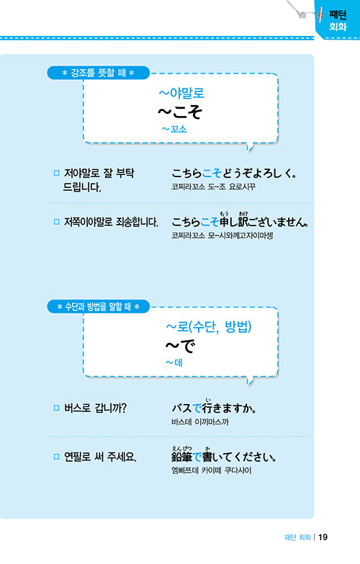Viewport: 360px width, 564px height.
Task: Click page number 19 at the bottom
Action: pyautogui.click(x=323, y=537)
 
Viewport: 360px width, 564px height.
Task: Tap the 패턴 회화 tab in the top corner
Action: pyautogui.click(x=338, y=20)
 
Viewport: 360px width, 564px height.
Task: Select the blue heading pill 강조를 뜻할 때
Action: pyautogui.click(x=98, y=73)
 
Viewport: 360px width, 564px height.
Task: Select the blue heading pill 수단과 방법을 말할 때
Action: pyautogui.click(x=98, y=307)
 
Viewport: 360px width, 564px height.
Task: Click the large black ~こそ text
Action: pyautogui.click(x=180, y=112)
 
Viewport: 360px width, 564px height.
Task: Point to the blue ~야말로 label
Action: pyautogui.click(x=181, y=93)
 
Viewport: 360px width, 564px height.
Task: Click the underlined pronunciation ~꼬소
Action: pyautogui.click(x=174, y=129)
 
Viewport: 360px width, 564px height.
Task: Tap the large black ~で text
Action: pyautogui.click(x=180, y=346)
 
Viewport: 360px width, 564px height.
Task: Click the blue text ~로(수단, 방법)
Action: pyautogui.click(x=209, y=326)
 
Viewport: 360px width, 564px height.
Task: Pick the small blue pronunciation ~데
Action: pyautogui.click(x=174, y=362)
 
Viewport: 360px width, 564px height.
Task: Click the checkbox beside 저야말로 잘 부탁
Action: pyautogui.click(x=56, y=173)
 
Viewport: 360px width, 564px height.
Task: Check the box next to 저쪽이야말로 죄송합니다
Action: pyautogui.click(x=56, y=222)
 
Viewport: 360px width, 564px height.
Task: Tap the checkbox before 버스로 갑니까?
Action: pyautogui.click(x=56, y=408)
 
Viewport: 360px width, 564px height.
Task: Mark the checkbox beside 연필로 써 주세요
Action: pyautogui.click(x=56, y=457)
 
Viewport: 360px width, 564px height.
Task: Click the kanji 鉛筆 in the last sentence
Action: pyautogui.click(x=182, y=457)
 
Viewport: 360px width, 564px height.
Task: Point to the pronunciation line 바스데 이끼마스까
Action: pyautogui.click(x=200, y=422)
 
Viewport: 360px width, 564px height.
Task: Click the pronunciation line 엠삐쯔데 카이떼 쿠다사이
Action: pyautogui.click(x=212, y=470)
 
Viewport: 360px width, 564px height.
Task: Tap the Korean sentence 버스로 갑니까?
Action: pyautogui.click(x=95, y=408)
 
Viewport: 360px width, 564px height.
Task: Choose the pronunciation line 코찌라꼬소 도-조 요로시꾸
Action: pyautogui.click(x=213, y=187)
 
